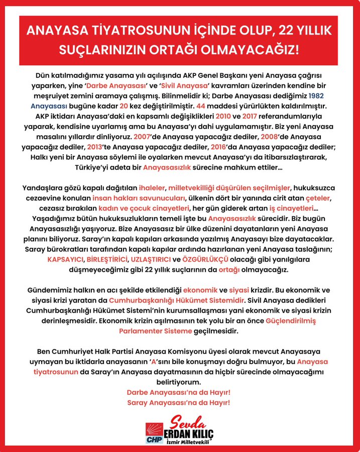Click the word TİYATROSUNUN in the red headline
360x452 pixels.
point(126,32)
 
